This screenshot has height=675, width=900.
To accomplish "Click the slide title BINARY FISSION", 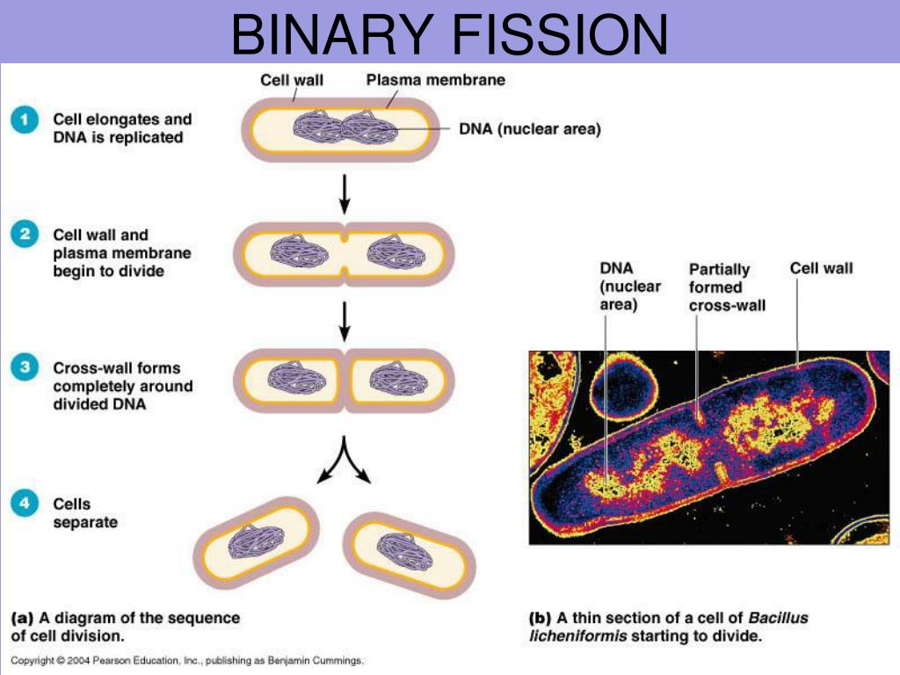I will [x=449, y=35].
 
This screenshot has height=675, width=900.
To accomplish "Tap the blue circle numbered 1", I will [x=24, y=121].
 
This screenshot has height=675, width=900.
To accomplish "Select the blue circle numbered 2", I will [x=24, y=236].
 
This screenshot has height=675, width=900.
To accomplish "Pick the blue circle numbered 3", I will [x=24, y=368].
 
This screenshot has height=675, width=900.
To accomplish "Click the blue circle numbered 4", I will [x=24, y=504].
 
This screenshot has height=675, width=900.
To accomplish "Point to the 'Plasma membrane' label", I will [x=435, y=80].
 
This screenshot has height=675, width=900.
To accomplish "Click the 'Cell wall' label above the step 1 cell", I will [x=292, y=80].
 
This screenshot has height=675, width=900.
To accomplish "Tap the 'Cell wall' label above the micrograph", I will [x=821, y=268].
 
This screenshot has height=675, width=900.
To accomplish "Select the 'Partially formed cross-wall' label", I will [x=726, y=287].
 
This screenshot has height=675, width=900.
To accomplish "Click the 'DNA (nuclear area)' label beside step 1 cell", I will [x=529, y=130].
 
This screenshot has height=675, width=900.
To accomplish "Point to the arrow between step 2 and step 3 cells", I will [x=345, y=321].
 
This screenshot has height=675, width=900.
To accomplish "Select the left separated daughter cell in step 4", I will [x=256, y=542].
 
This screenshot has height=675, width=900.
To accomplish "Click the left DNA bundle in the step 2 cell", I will [x=298, y=250].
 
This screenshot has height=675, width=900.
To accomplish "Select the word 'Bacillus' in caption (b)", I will [x=777, y=618].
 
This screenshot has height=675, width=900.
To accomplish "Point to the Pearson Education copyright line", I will [x=186, y=660].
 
